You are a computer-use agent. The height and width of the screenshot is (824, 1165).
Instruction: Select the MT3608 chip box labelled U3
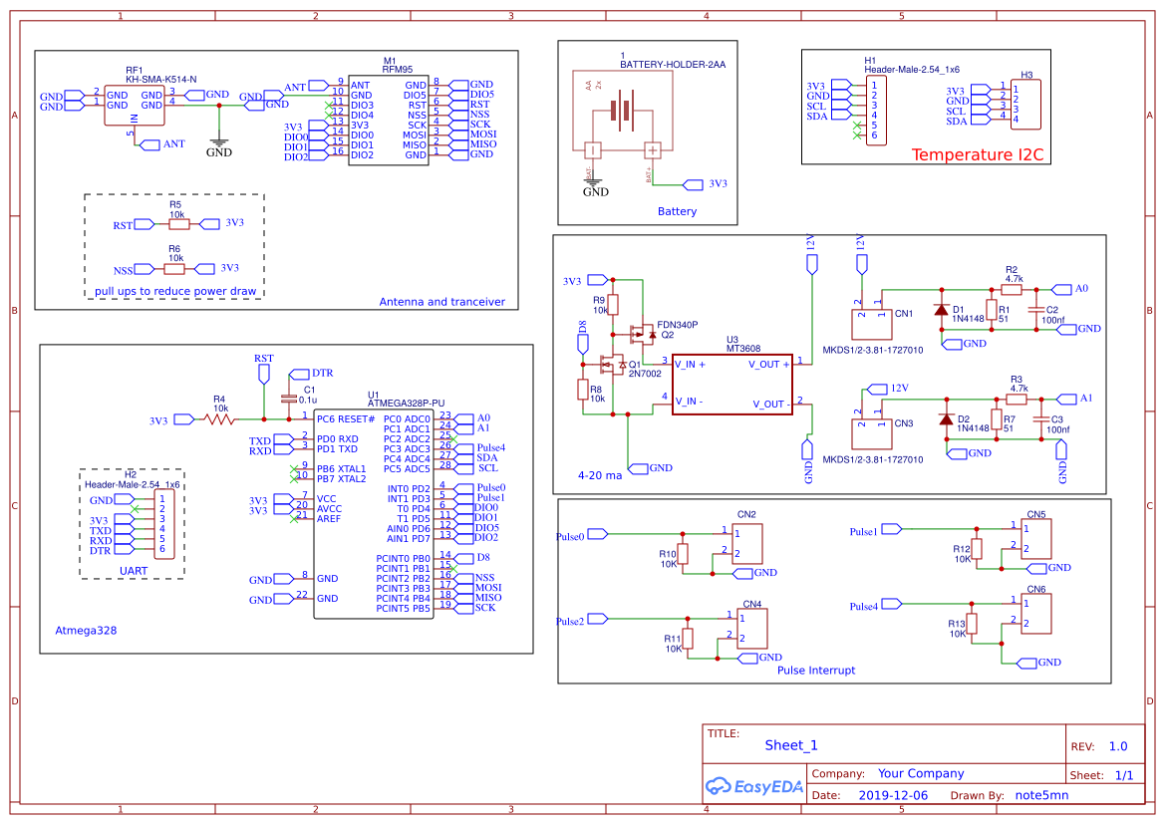tap(730, 384)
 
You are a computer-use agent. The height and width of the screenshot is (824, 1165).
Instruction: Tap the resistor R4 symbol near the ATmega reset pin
tap(220, 419)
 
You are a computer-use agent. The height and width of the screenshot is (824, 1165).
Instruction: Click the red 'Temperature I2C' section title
tap(977, 154)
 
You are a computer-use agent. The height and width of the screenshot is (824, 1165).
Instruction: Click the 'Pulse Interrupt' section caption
tap(815, 671)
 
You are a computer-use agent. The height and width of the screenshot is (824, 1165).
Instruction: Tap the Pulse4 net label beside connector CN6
tap(863, 607)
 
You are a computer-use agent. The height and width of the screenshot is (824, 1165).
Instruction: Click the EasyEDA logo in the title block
tap(754, 786)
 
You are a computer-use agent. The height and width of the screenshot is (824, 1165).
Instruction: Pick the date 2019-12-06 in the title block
tap(892, 795)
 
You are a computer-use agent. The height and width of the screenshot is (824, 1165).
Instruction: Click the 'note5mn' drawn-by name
tap(1040, 795)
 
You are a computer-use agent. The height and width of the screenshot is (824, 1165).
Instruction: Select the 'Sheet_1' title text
tap(790, 745)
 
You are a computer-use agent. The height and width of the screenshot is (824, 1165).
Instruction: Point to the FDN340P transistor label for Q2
tap(677, 325)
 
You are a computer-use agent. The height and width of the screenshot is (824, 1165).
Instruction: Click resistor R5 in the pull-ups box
tap(176, 224)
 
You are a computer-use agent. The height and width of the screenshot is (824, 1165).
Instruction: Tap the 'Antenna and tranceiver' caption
tap(441, 302)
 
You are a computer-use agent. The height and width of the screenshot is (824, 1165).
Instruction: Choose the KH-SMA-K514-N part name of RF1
tap(160, 79)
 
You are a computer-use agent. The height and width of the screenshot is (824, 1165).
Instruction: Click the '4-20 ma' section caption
tap(599, 475)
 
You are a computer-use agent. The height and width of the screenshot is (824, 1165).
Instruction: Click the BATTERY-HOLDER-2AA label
tap(673, 65)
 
